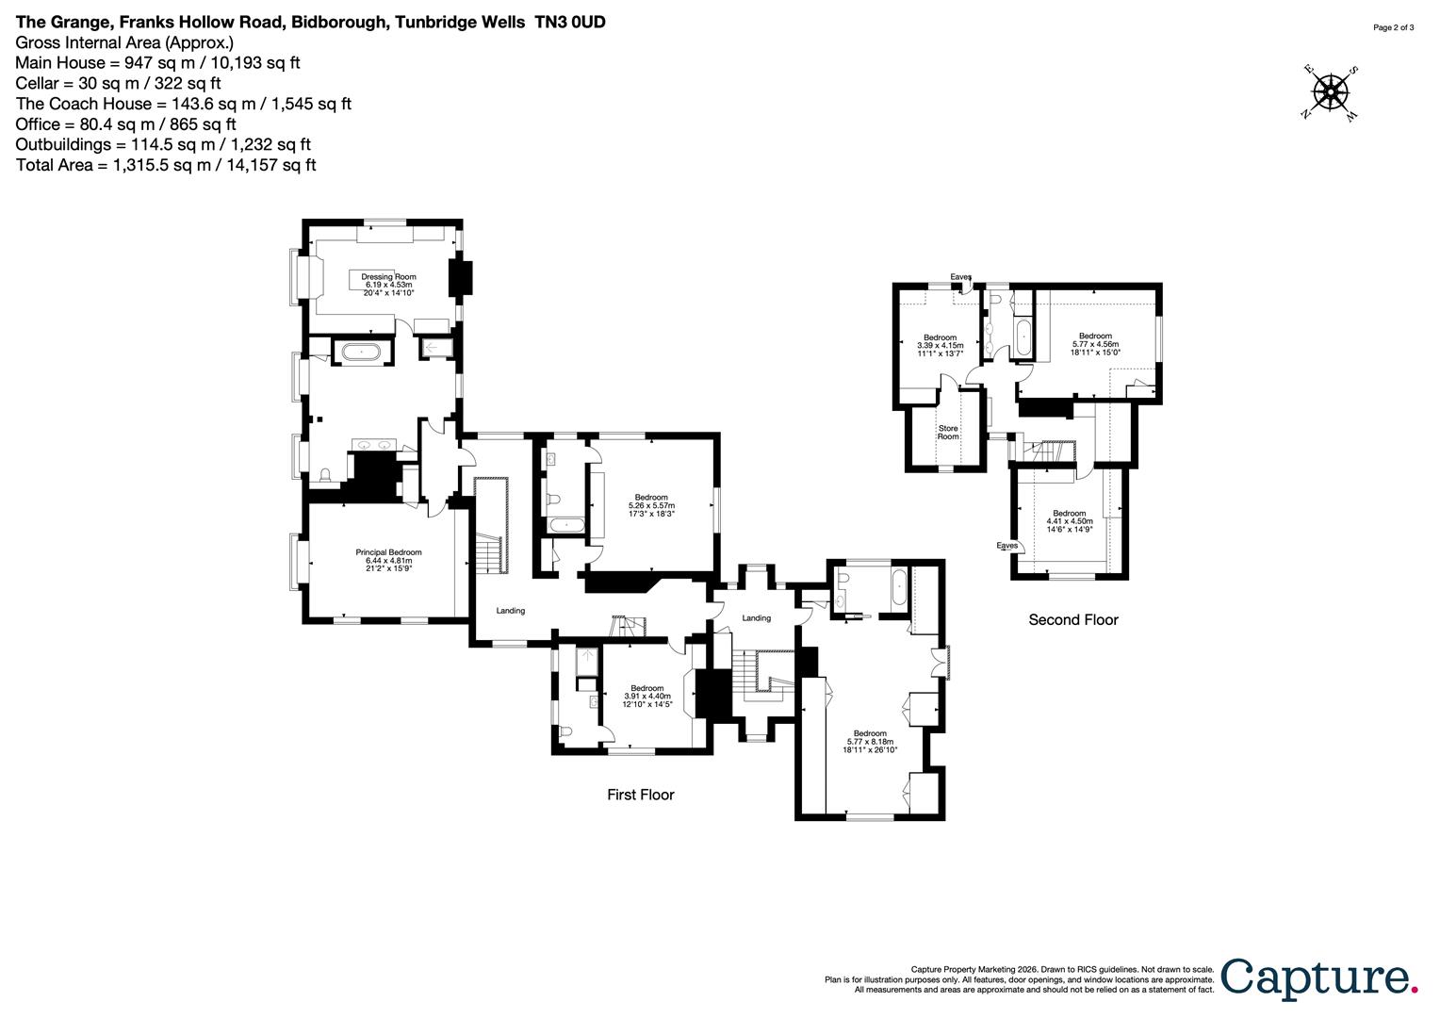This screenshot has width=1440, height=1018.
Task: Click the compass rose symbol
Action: (x=1330, y=92)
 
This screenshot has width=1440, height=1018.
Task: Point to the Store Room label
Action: (x=948, y=433)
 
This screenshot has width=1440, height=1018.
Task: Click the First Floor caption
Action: (x=640, y=795)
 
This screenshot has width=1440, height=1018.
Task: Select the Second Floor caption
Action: (x=1072, y=619)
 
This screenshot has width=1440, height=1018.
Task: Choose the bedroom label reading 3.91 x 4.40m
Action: (x=647, y=696)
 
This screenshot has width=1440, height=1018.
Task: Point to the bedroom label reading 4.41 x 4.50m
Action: (x=1069, y=521)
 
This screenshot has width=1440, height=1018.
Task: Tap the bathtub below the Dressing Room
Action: (x=361, y=352)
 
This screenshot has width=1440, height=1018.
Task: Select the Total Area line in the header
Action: (x=166, y=165)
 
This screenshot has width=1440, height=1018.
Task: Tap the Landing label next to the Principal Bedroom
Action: (x=511, y=611)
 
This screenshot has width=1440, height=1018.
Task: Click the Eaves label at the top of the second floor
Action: (x=960, y=276)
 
